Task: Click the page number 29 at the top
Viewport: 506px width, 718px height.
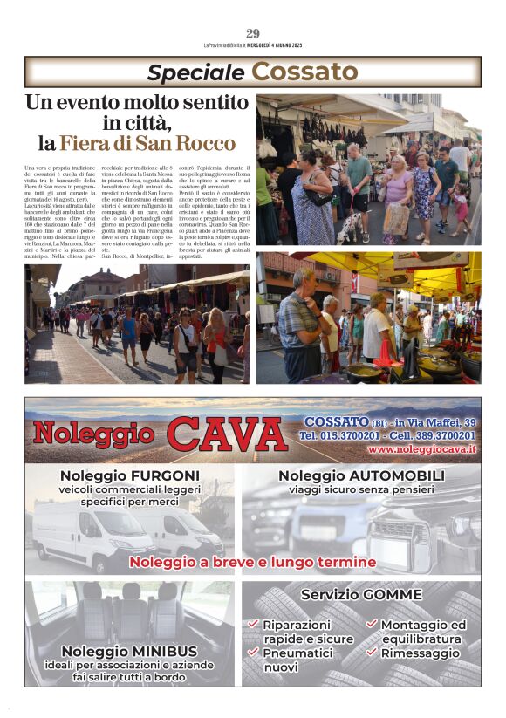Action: tap(253, 33)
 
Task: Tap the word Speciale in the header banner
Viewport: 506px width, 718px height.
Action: tap(195, 72)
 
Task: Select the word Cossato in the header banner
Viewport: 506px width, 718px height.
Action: tap(305, 72)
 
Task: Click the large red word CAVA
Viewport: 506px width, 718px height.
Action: tap(226, 434)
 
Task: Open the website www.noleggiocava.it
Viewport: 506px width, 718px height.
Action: tap(421, 448)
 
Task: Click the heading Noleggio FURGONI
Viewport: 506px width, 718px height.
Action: tap(130, 475)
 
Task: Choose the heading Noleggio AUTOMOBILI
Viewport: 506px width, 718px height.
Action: tap(361, 475)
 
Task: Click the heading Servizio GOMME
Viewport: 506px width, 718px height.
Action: tap(361, 594)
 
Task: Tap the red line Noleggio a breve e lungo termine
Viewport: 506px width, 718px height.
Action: tap(252, 562)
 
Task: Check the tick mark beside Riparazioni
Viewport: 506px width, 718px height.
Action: tap(253, 625)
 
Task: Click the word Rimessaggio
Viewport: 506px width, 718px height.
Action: tap(420, 653)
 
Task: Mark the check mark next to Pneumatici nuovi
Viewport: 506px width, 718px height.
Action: tap(253, 652)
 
